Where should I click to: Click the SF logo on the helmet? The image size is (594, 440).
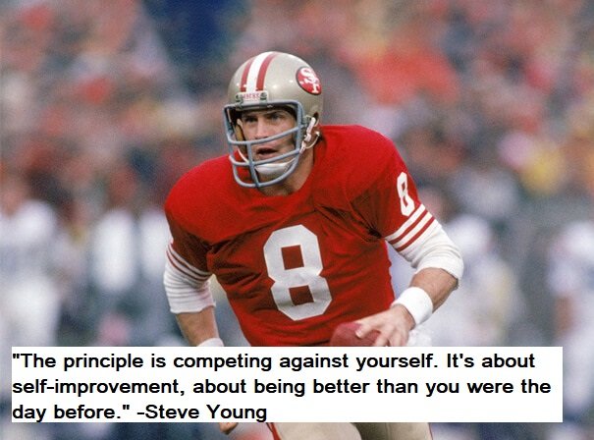coord(308,80)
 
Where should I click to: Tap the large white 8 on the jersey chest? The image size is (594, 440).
coord(297,272)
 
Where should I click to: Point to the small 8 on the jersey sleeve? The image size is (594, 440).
coord(405,194)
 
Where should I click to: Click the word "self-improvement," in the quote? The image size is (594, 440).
coord(95,387)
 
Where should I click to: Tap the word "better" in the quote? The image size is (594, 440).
coord(341,387)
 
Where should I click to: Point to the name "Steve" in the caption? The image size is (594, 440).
coord(172,412)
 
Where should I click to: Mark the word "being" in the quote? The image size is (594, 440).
coord(279,388)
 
